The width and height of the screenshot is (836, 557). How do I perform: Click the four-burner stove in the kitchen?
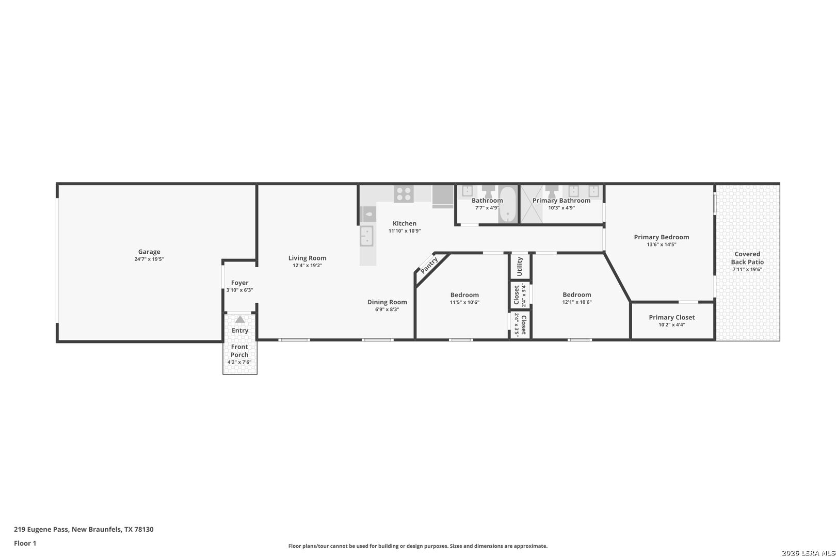click(x=404, y=194)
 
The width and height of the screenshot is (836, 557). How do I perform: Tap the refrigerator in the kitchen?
click(x=443, y=196)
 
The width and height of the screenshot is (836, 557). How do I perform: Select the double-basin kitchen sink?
click(x=366, y=236)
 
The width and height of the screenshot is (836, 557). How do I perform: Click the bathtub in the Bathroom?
click(x=508, y=204)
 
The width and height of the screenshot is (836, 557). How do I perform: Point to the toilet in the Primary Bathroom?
click(x=551, y=191)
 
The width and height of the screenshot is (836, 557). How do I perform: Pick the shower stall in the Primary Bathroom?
click(x=532, y=204)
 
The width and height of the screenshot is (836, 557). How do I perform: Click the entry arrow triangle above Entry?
click(x=240, y=319)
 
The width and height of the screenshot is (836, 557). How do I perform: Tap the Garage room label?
click(x=149, y=252)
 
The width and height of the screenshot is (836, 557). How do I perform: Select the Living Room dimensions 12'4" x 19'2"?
click(x=307, y=266)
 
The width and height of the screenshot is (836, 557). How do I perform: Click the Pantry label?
click(x=429, y=265)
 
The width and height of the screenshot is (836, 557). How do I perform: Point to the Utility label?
click(x=520, y=266)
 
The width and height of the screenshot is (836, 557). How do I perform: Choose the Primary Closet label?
click(x=672, y=318)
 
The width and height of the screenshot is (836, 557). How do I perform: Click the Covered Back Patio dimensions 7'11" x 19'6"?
click(x=747, y=269)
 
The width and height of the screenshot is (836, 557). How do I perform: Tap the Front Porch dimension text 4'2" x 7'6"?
click(x=239, y=362)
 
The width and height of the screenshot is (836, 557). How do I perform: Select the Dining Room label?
click(x=387, y=302)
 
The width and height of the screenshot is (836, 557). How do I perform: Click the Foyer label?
click(x=239, y=283)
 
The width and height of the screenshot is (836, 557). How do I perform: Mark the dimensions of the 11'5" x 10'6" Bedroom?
click(x=464, y=302)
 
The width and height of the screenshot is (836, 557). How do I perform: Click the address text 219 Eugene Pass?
click(x=41, y=529)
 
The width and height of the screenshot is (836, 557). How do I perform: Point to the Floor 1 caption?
click(x=25, y=543)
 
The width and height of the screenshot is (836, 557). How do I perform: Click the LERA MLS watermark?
click(x=808, y=553)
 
